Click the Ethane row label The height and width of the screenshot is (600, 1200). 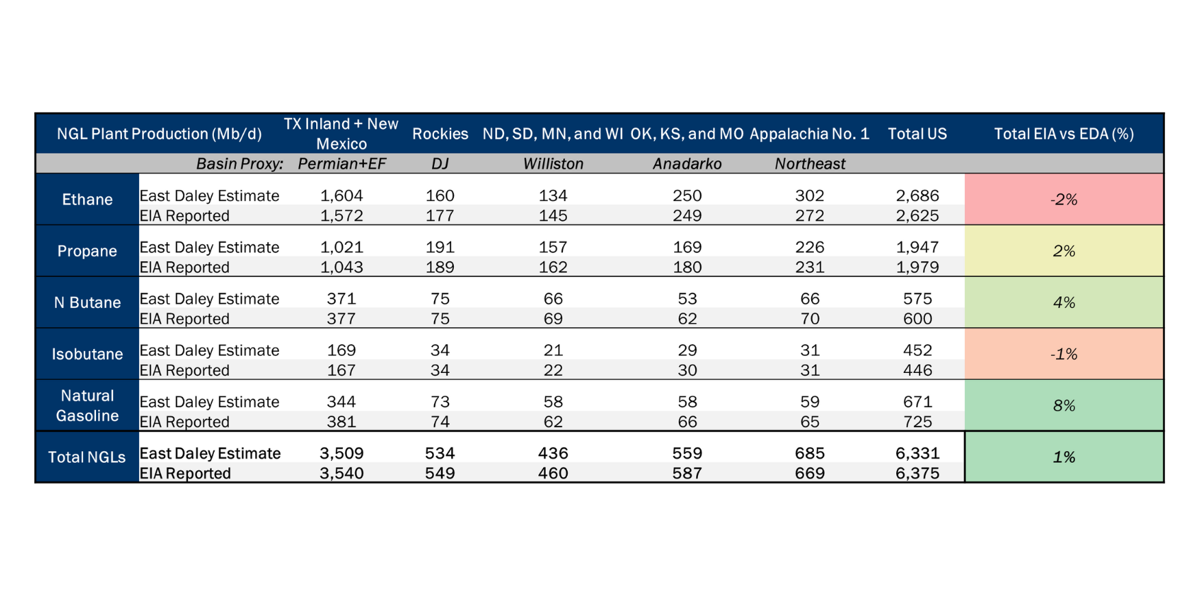[x=87, y=200]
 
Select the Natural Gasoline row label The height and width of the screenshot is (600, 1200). [x=87, y=405]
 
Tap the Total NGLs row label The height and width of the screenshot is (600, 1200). [x=87, y=457]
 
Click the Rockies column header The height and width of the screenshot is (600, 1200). [x=440, y=134]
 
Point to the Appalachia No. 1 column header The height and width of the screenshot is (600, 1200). [x=810, y=134]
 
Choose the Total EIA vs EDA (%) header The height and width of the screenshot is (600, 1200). [x=1064, y=134]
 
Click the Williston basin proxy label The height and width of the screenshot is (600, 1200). [x=553, y=164]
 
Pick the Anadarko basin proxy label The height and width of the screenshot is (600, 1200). [x=687, y=164]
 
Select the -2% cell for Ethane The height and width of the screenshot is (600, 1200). [x=1064, y=200]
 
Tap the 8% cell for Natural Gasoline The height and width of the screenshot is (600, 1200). [x=1064, y=405]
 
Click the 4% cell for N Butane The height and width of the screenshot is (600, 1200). [x=1064, y=302]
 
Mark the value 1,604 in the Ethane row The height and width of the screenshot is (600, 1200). [x=341, y=195]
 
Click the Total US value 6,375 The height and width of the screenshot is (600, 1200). [x=917, y=473]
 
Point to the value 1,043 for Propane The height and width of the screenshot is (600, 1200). [x=341, y=267]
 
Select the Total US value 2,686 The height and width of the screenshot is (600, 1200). [x=917, y=195]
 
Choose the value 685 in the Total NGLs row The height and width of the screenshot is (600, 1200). [x=810, y=453]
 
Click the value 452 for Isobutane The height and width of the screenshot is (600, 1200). [x=917, y=350]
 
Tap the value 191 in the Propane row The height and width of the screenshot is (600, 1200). [x=440, y=247]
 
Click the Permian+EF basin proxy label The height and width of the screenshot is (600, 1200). [x=342, y=164]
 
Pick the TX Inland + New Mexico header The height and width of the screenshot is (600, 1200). [x=341, y=134]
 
